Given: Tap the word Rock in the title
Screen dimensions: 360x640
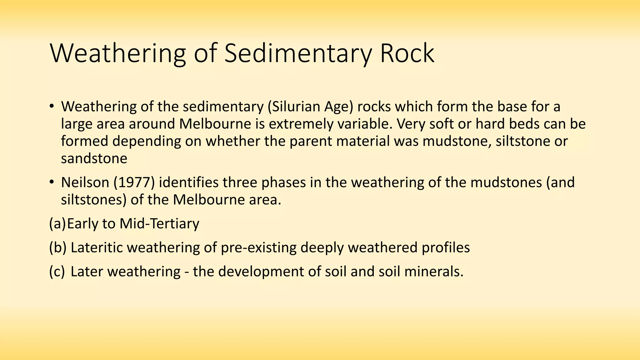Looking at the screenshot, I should tap(407, 53).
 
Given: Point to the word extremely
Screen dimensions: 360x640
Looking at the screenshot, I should tap(300, 124).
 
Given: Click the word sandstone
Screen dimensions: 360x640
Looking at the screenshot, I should tap(94, 158).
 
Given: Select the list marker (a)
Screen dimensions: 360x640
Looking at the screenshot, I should tap(57, 224).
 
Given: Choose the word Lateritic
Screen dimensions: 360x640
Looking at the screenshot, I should tap(97, 247).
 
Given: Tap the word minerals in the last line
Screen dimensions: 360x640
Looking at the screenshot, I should tap(434, 271).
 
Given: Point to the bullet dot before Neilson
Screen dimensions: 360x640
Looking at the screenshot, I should tap(52, 182).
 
